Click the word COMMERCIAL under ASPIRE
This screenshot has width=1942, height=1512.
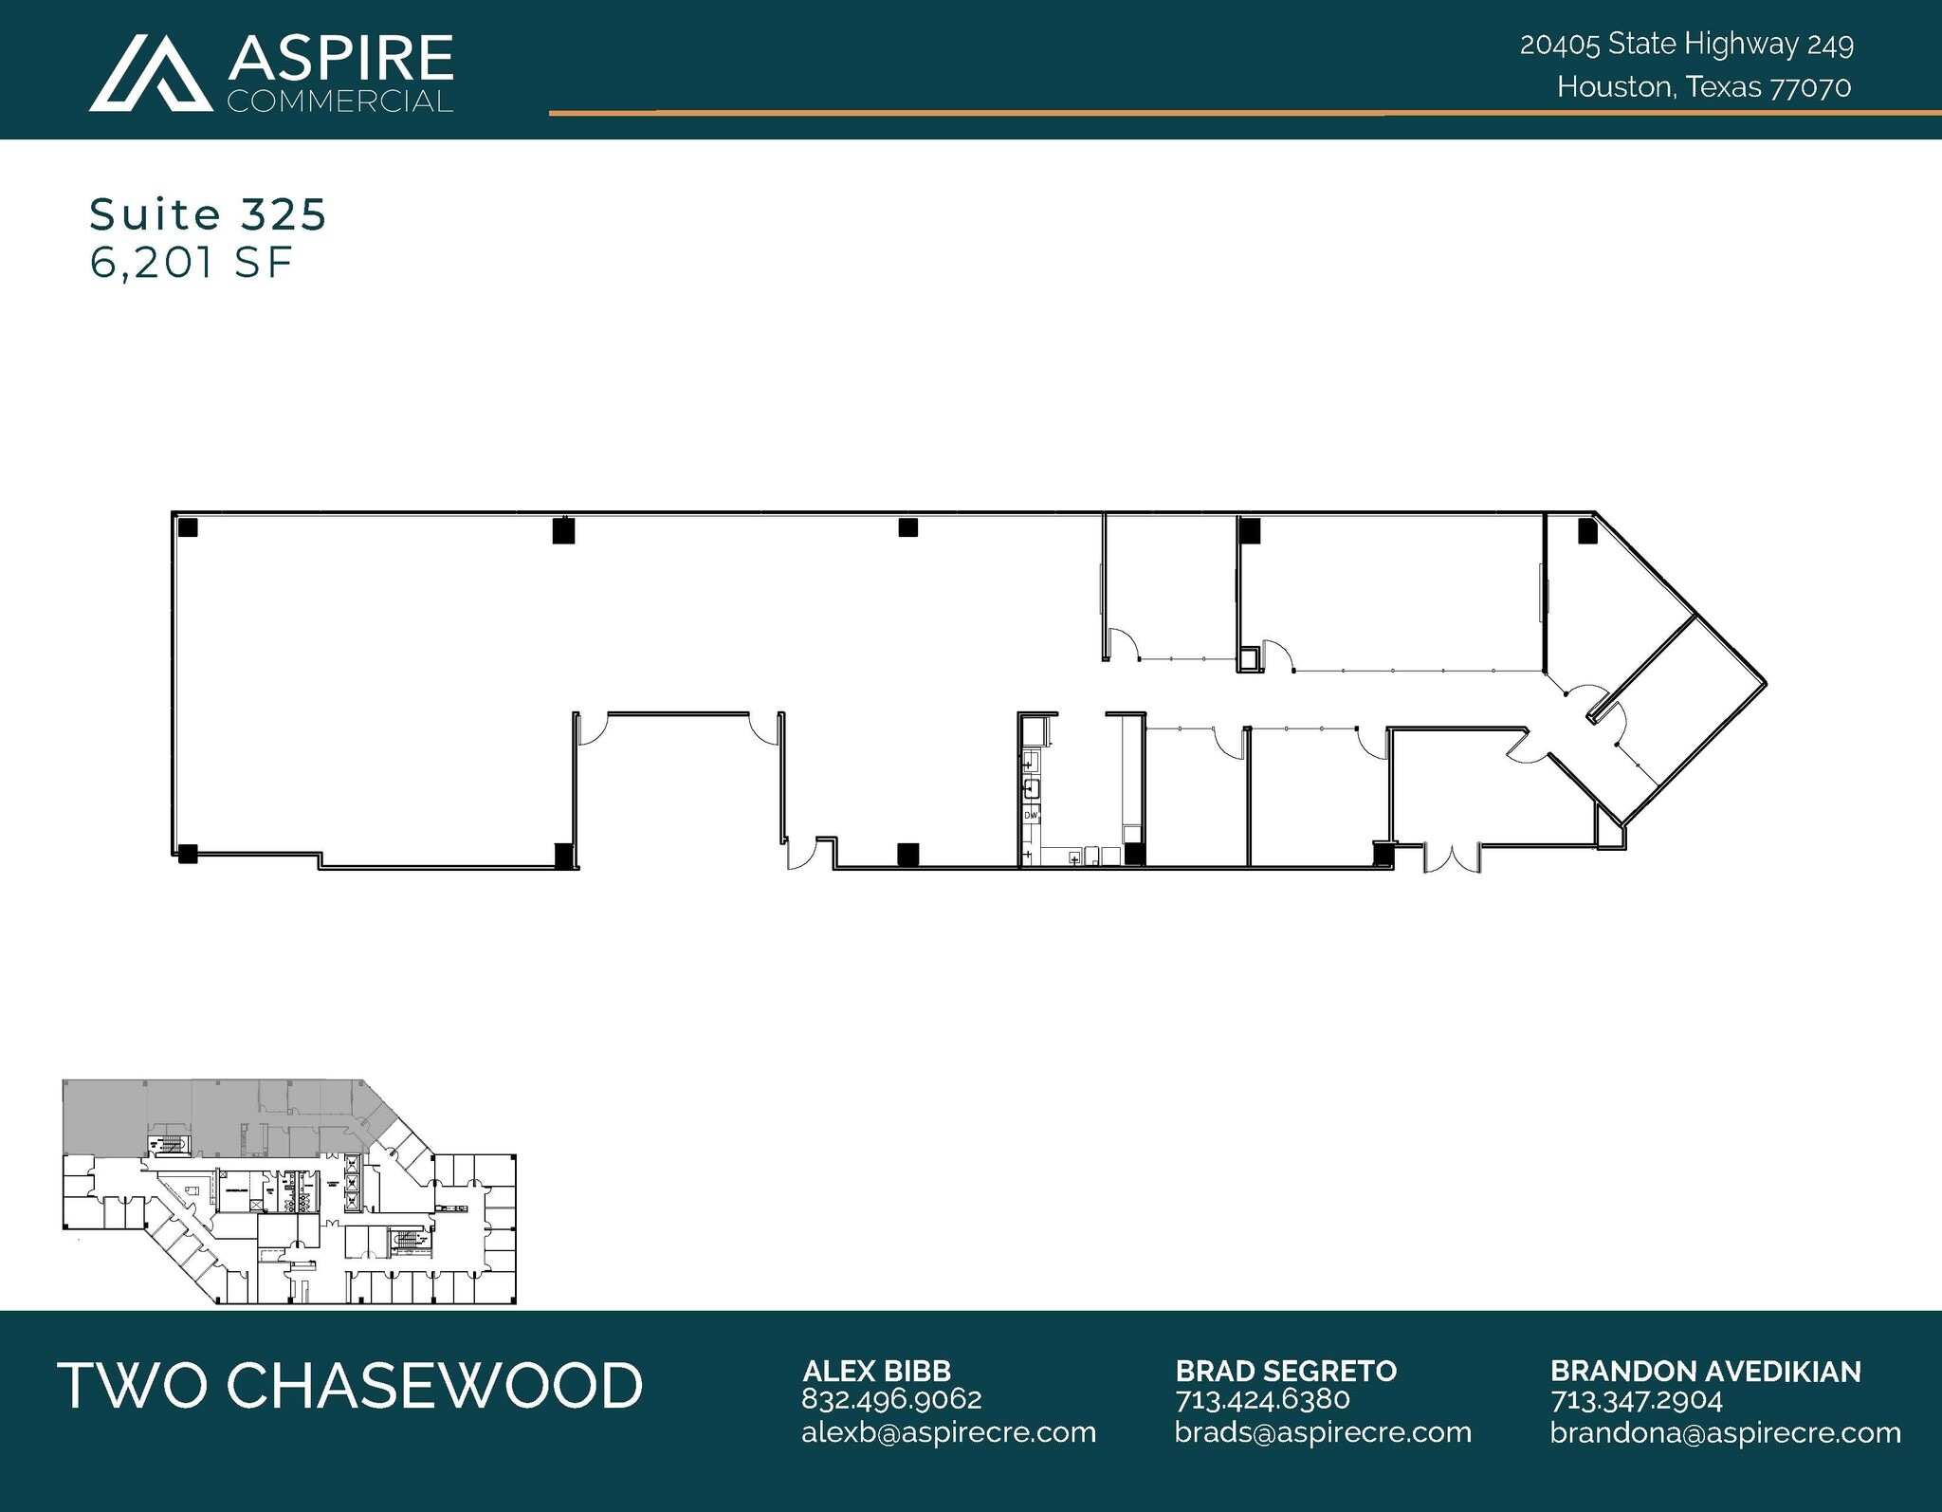click(x=339, y=101)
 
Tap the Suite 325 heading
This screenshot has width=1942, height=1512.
click(x=208, y=215)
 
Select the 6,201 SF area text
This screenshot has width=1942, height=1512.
click(x=191, y=263)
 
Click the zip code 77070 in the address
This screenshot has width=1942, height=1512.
click(x=1811, y=87)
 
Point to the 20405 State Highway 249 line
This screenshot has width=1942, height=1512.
click(x=1686, y=45)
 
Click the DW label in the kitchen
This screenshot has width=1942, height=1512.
click(x=1031, y=815)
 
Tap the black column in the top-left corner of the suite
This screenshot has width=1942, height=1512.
click(x=188, y=527)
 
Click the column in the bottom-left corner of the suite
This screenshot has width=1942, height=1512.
click(x=187, y=854)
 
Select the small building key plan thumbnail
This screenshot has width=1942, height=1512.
click(x=289, y=1191)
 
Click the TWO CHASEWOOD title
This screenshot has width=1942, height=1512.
click(x=350, y=1385)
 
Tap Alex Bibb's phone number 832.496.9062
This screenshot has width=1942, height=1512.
click(x=891, y=1399)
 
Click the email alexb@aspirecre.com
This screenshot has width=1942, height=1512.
click(x=948, y=1432)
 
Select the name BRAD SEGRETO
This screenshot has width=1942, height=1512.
click(x=1286, y=1371)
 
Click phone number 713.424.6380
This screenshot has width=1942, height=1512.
click(x=1262, y=1399)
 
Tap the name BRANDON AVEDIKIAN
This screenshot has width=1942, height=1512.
click(x=1705, y=1371)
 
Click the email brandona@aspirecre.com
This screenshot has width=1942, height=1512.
click(x=1725, y=1432)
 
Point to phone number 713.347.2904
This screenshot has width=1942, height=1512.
click(x=1636, y=1400)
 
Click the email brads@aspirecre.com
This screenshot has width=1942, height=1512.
click(x=1323, y=1432)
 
